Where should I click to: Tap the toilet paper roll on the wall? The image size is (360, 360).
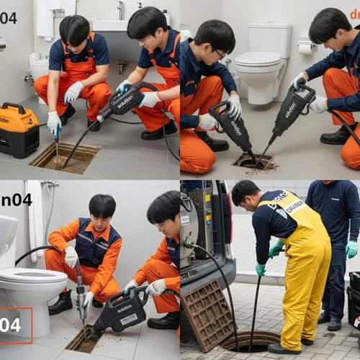[x=307, y=47]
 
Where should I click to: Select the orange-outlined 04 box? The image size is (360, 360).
[x=15, y=325]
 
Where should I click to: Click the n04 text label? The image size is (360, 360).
[x=16, y=199]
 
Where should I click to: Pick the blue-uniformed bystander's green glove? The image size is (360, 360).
[x=351, y=248]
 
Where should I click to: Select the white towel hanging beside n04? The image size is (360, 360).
[x=35, y=216]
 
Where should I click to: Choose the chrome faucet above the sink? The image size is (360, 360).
[x=121, y=10]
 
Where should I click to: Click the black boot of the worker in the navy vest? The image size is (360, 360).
[x=62, y=303]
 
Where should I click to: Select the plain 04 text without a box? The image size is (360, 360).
[x=9, y=17]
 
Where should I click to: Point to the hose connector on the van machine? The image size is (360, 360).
[x=189, y=245]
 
